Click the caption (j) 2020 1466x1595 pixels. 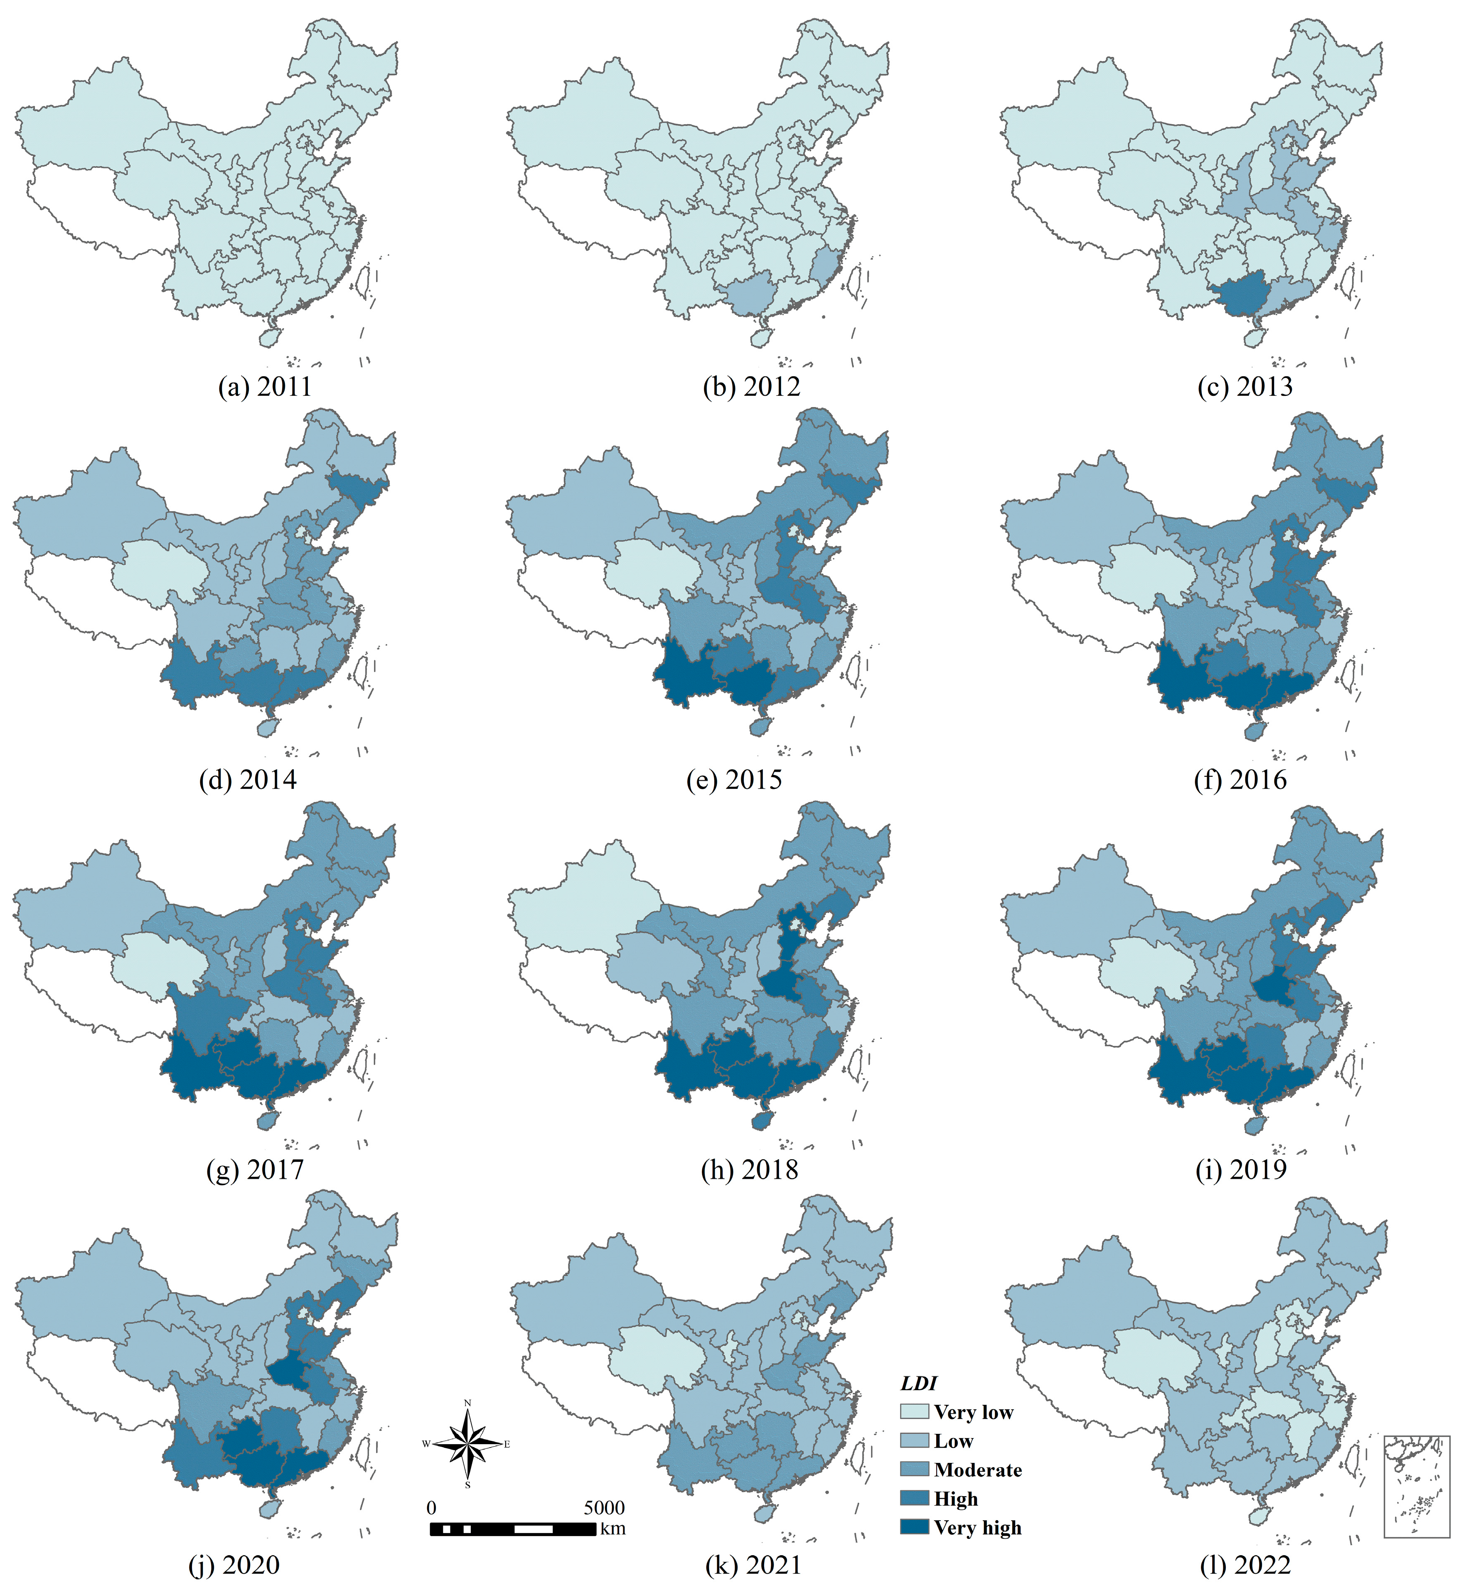[x=234, y=1565]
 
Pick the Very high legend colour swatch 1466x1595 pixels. [x=914, y=1527]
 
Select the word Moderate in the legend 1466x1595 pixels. [x=977, y=1470]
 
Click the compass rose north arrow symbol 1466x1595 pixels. [x=467, y=1443]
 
